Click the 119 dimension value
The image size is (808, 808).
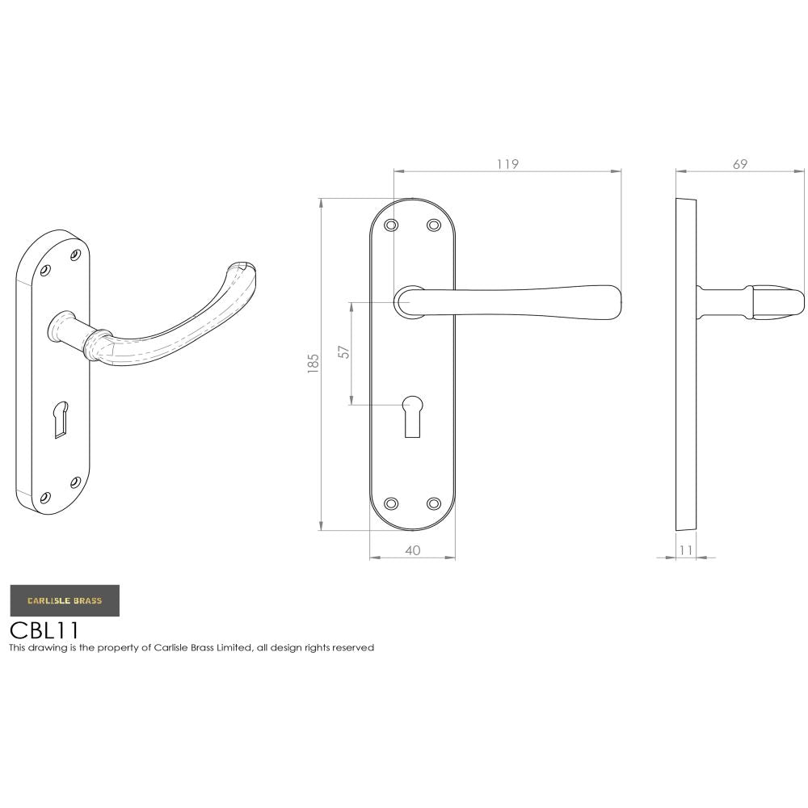(x=507, y=164)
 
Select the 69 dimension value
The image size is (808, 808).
(x=739, y=164)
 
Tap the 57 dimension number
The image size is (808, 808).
(x=344, y=352)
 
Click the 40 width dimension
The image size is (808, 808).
(x=412, y=550)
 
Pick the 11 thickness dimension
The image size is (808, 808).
(x=686, y=550)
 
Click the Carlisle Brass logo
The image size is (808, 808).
(x=65, y=600)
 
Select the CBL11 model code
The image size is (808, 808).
(x=44, y=629)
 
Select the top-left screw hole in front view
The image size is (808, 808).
(x=391, y=225)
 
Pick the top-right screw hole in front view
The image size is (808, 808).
(x=433, y=225)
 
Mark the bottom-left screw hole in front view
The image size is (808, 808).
(x=391, y=503)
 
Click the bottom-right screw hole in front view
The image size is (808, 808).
(x=433, y=503)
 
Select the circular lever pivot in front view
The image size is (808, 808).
(x=409, y=302)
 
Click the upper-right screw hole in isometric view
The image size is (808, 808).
(x=76, y=255)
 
